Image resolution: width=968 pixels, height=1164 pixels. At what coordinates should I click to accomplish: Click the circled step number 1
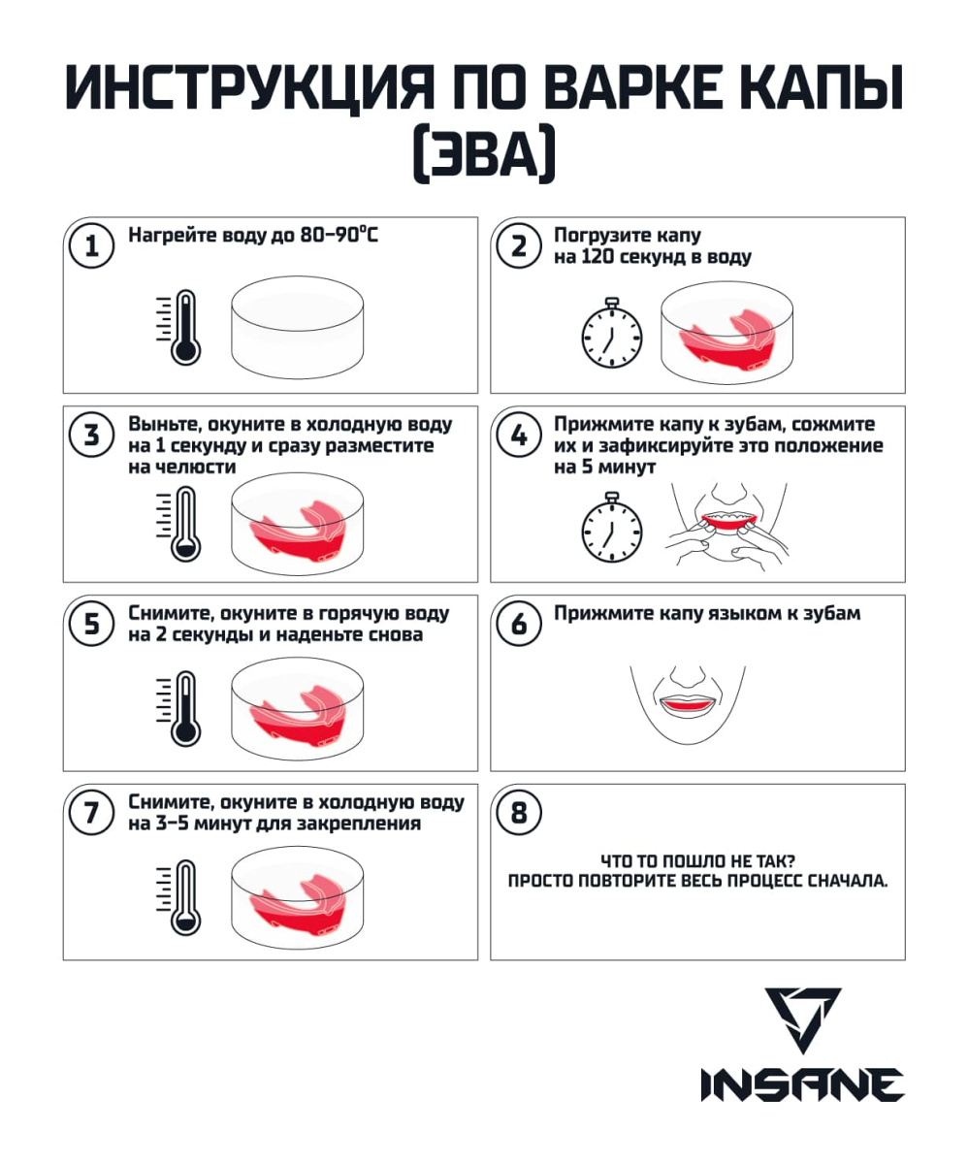click(91, 245)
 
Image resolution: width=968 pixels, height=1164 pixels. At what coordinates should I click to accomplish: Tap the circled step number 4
click(519, 435)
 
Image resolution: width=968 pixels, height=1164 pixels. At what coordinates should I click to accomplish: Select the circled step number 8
click(519, 813)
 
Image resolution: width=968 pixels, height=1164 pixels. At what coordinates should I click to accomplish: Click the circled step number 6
click(519, 624)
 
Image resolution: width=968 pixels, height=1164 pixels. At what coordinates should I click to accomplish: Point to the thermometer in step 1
click(179, 328)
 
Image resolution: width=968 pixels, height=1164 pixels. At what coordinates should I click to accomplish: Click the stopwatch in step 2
click(612, 333)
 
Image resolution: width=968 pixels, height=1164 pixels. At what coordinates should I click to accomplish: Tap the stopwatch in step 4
click(612, 527)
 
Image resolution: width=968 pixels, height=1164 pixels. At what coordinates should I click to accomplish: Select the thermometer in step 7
click(179, 897)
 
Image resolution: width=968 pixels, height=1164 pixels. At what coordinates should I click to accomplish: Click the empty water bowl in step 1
click(297, 327)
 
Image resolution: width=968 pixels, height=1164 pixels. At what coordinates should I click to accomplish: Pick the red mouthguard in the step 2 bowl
click(726, 339)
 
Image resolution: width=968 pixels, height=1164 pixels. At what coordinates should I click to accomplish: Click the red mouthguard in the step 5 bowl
click(297, 718)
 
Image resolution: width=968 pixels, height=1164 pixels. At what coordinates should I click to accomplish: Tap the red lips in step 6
click(688, 703)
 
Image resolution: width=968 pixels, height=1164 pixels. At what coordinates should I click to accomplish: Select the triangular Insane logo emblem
click(802, 1020)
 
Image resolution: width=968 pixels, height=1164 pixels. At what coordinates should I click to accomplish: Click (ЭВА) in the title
click(484, 153)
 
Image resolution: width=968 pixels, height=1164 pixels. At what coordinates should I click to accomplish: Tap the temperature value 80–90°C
click(339, 235)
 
